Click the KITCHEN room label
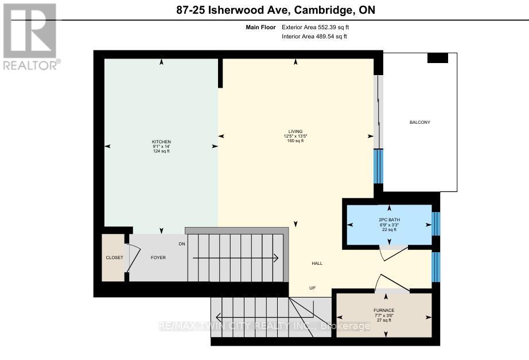[161, 142]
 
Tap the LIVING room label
[295, 131]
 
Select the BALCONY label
[419, 123]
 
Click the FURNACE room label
[383, 310]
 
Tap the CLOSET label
[114, 258]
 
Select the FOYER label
[158, 258]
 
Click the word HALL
[317, 264]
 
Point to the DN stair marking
[182, 244]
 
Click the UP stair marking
[312, 288]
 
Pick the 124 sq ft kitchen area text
[161, 151]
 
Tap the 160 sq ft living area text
[295, 140]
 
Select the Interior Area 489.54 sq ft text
[314, 37]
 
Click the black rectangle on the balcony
[438, 58]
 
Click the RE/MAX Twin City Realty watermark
[264, 326]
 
